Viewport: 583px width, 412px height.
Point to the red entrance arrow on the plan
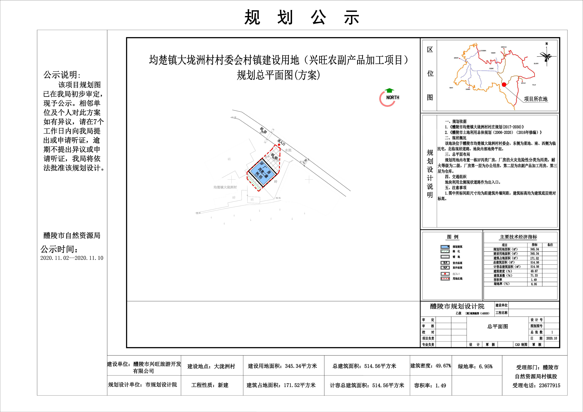[279, 145]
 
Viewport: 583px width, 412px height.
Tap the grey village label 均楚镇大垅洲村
[225, 187]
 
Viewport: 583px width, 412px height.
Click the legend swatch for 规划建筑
[445, 247]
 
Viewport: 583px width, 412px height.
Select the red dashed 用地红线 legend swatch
[445, 279]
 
